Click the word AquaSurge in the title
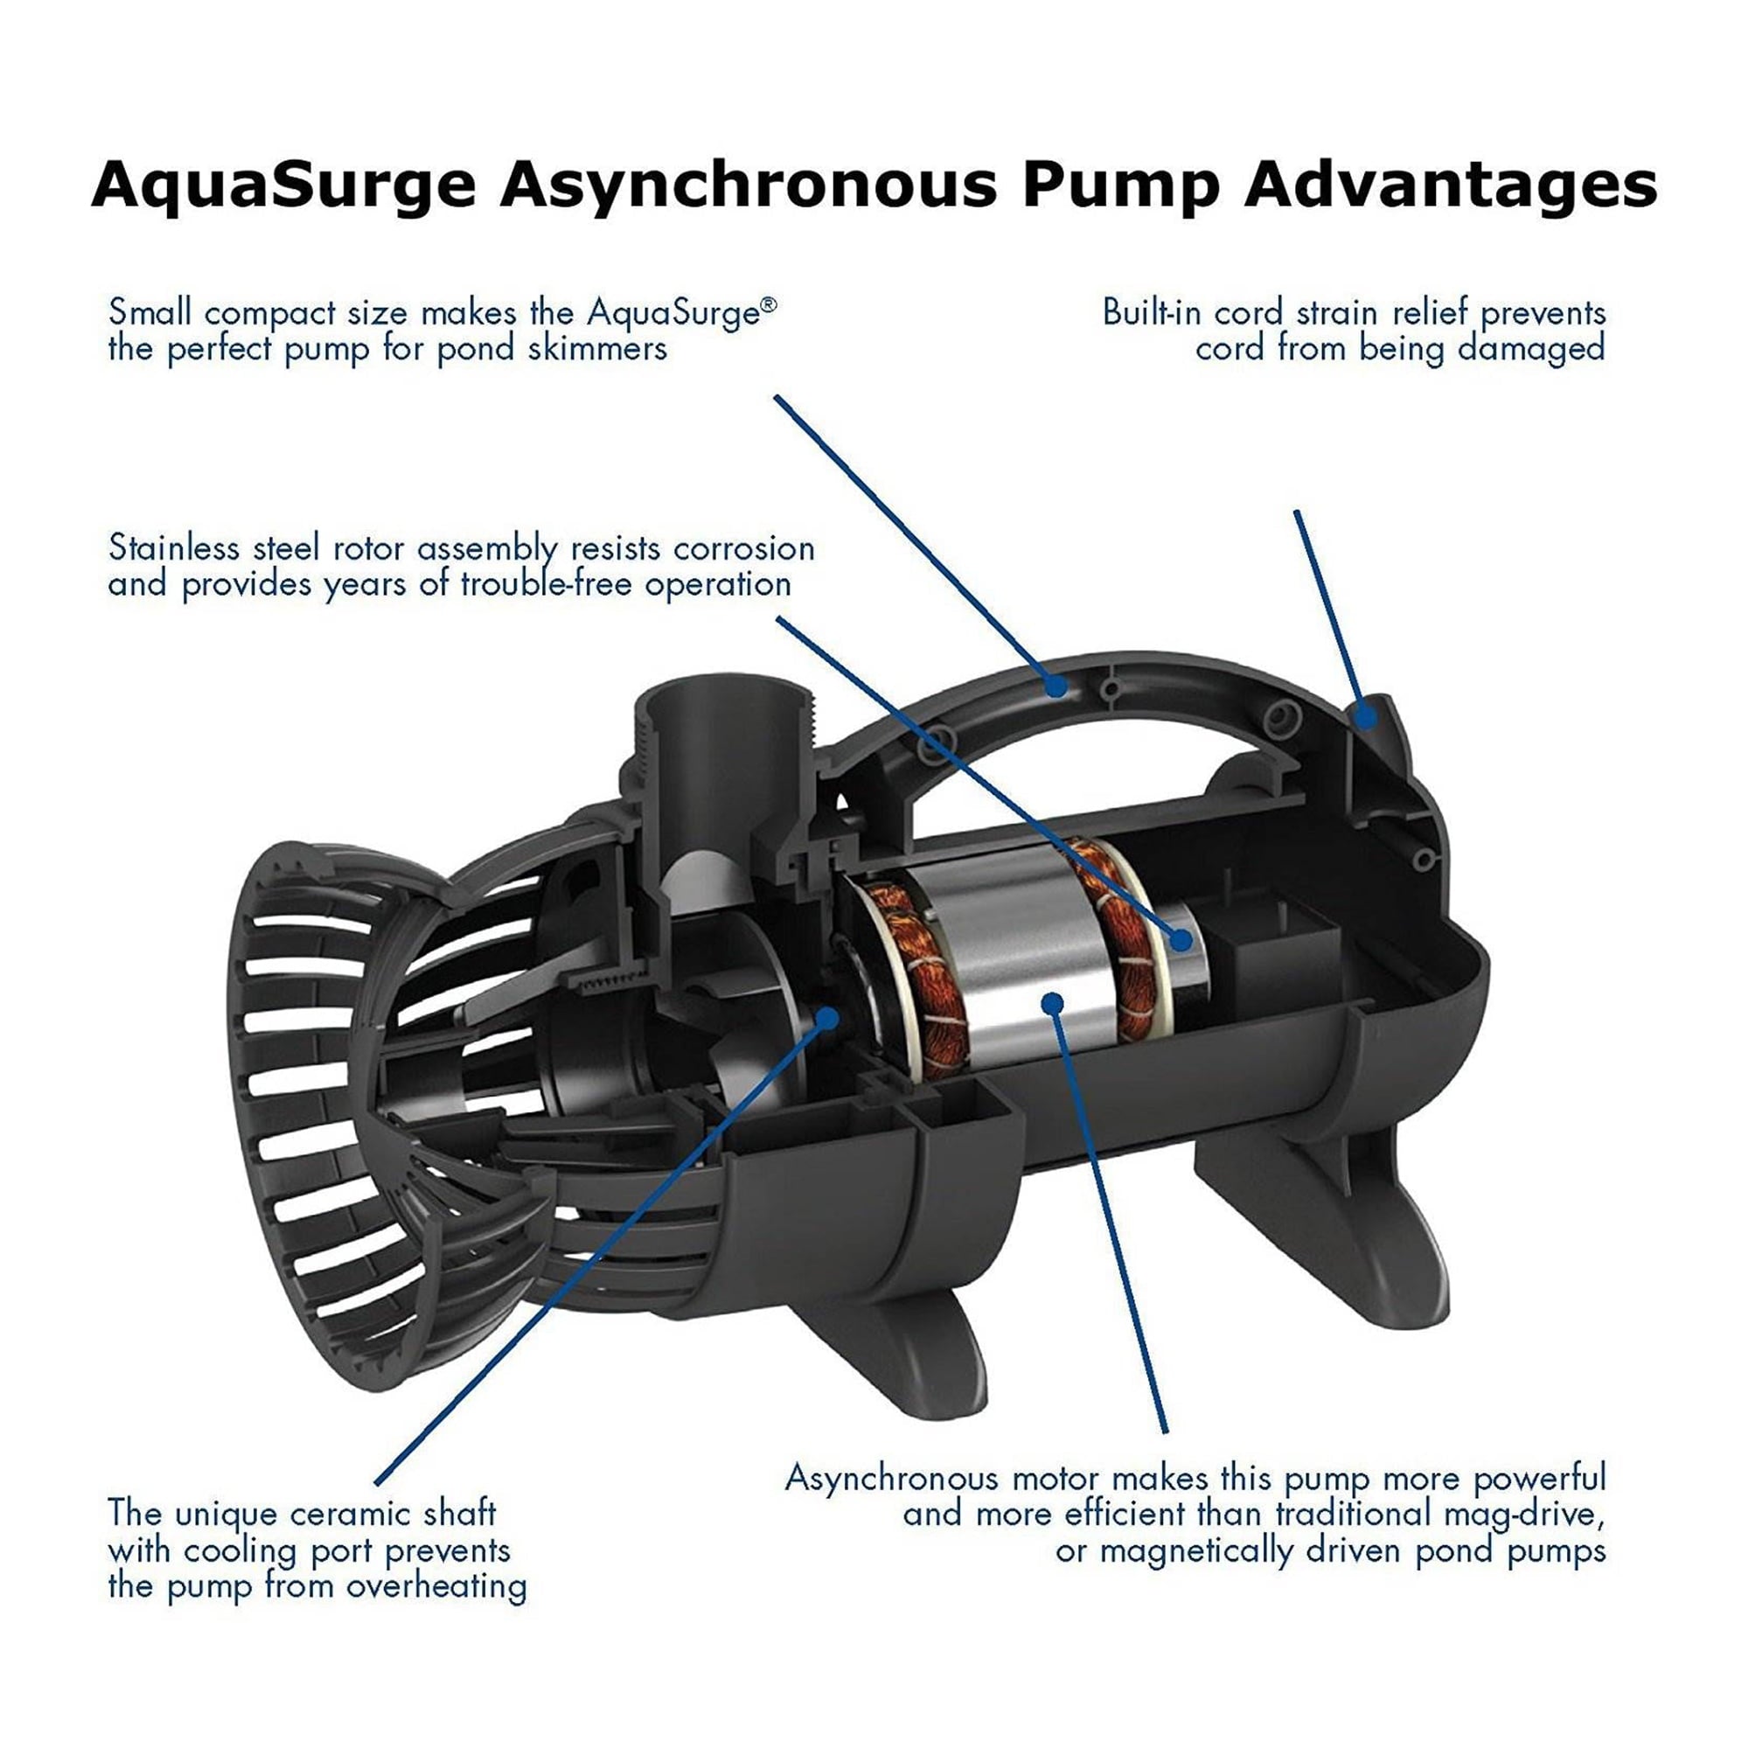(283, 186)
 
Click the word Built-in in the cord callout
(1148, 313)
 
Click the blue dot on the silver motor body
(1051, 1002)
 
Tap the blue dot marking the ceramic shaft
(826, 1015)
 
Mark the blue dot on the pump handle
(1056, 686)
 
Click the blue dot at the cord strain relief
(1364, 718)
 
